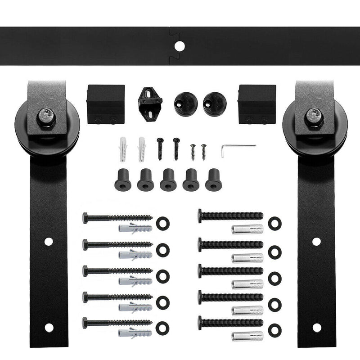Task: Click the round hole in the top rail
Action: tap(180, 46)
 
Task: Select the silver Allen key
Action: tap(237, 148)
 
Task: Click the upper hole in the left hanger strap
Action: tap(49, 241)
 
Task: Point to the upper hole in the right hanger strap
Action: tap(316, 241)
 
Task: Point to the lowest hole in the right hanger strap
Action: tap(316, 327)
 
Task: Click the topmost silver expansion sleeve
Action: tap(247, 229)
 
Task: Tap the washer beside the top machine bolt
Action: tap(274, 222)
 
